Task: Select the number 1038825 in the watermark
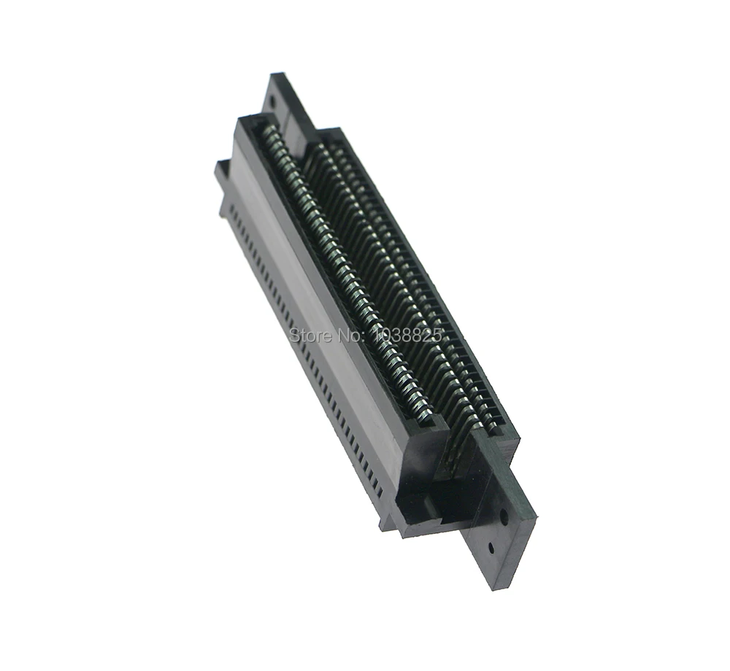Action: click(406, 335)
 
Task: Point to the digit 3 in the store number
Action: click(396, 335)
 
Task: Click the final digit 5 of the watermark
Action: click(437, 335)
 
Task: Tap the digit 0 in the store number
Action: click(385, 335)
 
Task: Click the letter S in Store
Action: click(294, 335)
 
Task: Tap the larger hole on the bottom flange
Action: click(504, 516)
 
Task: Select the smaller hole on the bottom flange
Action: click(491, 547)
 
